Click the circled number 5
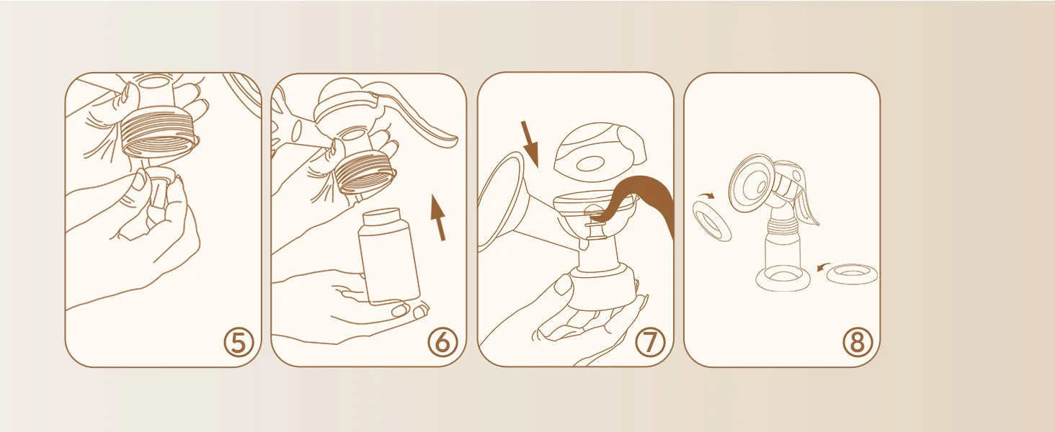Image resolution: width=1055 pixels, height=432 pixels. tap(239, 343)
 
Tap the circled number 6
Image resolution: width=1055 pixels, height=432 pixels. tap(442, 342)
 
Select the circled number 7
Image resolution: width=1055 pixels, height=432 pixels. tap(651, 342)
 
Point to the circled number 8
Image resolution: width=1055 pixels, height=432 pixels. tap(858, 342)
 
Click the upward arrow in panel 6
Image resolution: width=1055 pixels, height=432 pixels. tap(438, 218)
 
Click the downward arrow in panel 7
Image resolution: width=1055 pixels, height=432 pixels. tap(530, 144)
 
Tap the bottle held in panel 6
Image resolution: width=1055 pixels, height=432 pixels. tap(388, 256)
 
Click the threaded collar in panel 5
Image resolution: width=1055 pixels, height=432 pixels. tap(160, 132)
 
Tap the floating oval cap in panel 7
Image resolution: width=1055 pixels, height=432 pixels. tap(599, 151)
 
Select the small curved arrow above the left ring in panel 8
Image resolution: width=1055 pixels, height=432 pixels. tap(706, 195)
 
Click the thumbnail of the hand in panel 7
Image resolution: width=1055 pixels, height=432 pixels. tap(562, 285)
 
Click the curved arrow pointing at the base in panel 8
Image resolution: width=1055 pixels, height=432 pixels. tap(823, 267)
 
